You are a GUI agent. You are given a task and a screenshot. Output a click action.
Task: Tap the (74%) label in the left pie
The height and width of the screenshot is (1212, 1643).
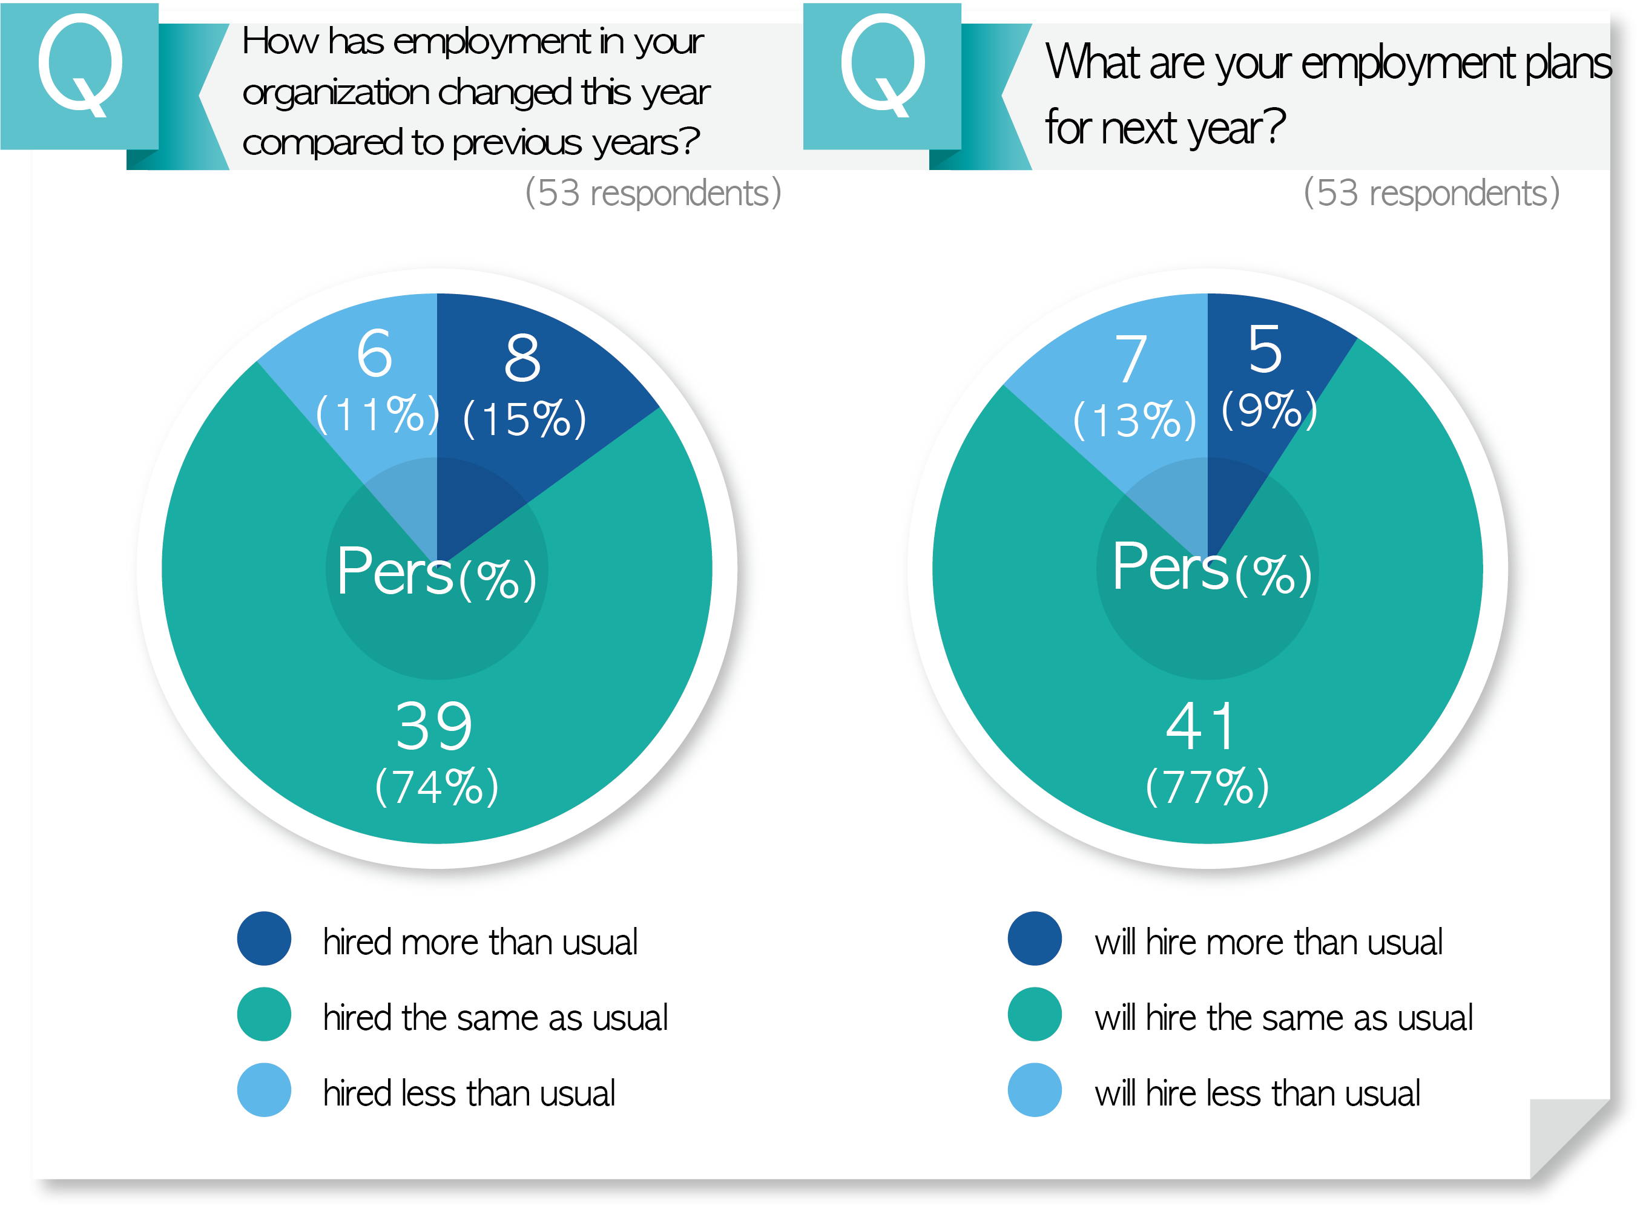click(437, 787)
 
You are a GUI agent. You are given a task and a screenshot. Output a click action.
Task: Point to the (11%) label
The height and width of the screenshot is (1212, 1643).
click(377, 414)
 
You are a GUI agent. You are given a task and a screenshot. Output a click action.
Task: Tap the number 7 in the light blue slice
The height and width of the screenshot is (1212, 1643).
click(1131, 359)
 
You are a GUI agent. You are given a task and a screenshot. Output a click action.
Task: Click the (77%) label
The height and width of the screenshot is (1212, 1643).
click(1207, 787)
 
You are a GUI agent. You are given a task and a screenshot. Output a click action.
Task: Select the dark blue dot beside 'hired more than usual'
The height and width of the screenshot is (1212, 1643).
click(264, 939)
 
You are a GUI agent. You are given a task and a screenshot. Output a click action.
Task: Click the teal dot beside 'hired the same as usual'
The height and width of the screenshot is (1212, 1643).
click(264, 1015)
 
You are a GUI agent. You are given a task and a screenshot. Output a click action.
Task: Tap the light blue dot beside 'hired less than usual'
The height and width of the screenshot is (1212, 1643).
click(264, 1090)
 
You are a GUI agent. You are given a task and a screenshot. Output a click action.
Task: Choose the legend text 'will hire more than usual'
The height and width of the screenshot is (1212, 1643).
click(1269, 942)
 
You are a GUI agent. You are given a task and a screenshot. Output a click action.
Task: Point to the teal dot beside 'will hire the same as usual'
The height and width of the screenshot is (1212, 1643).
click(1035, 1015)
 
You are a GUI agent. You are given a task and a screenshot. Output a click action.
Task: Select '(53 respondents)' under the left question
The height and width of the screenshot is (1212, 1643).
click(653, 193)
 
